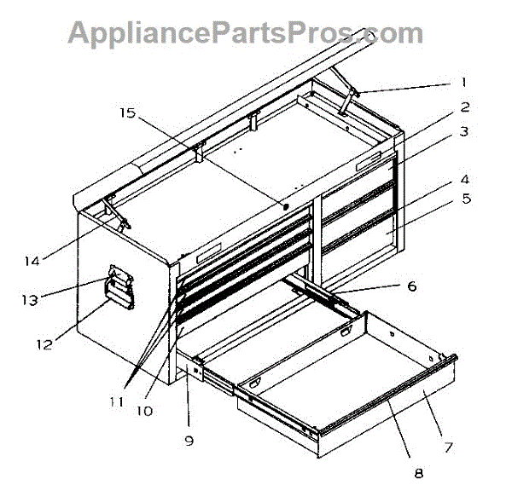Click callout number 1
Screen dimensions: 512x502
pyautogui.click(x=464, y=83)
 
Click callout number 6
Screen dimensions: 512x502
pyautogui.click(x=411, y=286)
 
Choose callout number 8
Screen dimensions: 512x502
pyautogui.click(x=418, y=471)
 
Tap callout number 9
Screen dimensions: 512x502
pyautogui.click(x=189, y=441)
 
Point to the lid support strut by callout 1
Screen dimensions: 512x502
pyautogui.click(x=347, y=101)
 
